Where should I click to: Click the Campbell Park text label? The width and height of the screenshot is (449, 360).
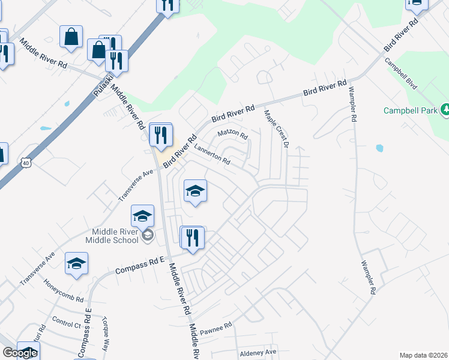tap(410, 111)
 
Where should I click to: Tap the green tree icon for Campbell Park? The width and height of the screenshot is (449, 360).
tap(445, 109)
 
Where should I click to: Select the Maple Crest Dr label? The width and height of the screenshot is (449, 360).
tap(277, 128)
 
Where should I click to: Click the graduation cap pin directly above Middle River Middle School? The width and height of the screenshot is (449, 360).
tap(143, 215)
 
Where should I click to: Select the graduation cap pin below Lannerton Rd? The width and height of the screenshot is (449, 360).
tap(194, 191)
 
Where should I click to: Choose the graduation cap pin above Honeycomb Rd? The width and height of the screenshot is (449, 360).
tap(76, 263)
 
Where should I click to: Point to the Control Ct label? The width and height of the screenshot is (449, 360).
tap(66, 323)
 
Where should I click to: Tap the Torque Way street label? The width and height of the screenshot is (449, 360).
tap(107, 332)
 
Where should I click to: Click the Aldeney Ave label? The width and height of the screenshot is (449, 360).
tap(258, 352)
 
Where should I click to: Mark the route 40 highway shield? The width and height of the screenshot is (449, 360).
tap(25, 163)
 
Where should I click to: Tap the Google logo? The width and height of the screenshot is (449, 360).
tap(19, 353)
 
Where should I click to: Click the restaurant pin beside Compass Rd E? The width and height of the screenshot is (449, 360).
tap(193, 237)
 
